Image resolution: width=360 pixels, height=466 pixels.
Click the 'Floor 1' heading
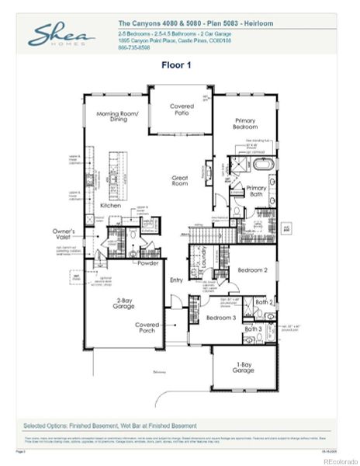click(179, 65)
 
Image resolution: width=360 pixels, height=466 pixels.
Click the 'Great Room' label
click(180, 181)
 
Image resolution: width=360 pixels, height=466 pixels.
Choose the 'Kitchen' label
click(111, 206)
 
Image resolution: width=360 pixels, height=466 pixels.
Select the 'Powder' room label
click(147, 263)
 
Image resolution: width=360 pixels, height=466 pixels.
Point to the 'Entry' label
click(177, 280)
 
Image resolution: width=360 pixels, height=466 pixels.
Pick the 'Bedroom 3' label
click(221, 318)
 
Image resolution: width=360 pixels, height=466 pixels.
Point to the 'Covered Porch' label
click(147, 328)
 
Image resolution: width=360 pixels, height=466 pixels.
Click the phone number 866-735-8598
click(133, 48)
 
